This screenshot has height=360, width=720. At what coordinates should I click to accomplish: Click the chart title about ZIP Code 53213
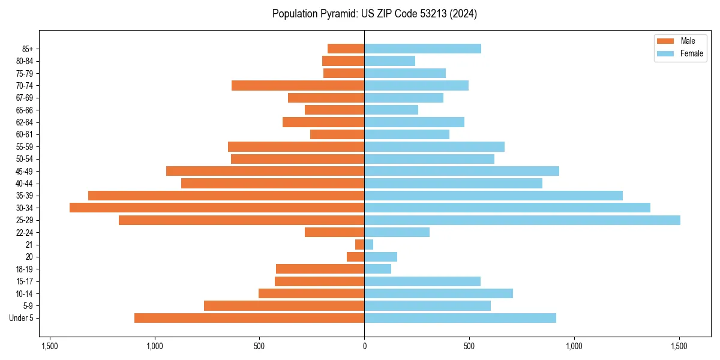[374, 14]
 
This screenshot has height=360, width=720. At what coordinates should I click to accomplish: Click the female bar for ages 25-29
[522, 220]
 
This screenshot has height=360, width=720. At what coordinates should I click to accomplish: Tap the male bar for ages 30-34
[217, 208]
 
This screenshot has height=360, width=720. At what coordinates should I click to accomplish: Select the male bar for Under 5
[249, 318]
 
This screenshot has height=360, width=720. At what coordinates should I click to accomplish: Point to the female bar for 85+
[422, 49]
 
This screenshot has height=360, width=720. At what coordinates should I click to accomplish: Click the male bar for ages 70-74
[298, 85]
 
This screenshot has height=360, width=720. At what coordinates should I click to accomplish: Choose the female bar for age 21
[369, 245]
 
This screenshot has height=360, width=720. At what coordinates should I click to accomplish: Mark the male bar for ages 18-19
[320, 269]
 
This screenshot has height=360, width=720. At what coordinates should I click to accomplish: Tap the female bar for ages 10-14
[439, 293]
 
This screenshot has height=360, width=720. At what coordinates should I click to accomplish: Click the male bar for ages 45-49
[265, 171]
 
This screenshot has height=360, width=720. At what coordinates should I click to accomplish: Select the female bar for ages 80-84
[389, 61]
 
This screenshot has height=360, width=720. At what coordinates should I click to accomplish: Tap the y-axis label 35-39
[25, 196]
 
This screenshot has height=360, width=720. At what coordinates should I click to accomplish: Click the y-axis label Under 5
[22, 318]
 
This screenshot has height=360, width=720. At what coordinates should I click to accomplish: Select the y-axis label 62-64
[25, 122]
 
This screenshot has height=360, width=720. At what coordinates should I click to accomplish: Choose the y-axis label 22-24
[25, 232]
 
